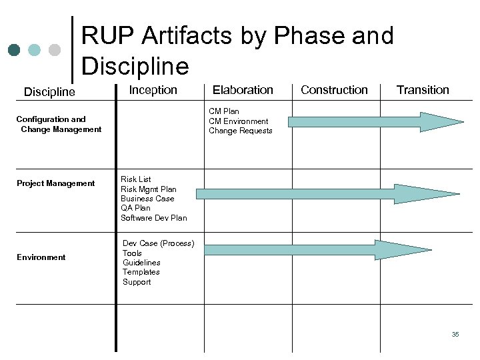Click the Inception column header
click(x=153, y=89)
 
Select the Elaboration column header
click(x=243, y=89)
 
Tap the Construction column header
click(x=334, y=89)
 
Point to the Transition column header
click(x=423, y=89)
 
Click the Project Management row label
click(x=56, y=183)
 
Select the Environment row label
click(x=41, y=257)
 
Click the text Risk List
click(x=135, y=179)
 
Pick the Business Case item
click(x=147, y=199)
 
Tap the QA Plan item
click(x=135, y=208)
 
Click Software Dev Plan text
click(x=154, y=218)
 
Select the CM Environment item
click(x=239, y=121)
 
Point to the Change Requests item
click(x=241, y=131)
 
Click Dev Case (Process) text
click(x=158, y=243)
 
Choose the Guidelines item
click(x=141, y=263)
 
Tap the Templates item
click(x=141, y=272)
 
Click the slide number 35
click(x=455, y=335)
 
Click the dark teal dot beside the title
click(x=14, y=50)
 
